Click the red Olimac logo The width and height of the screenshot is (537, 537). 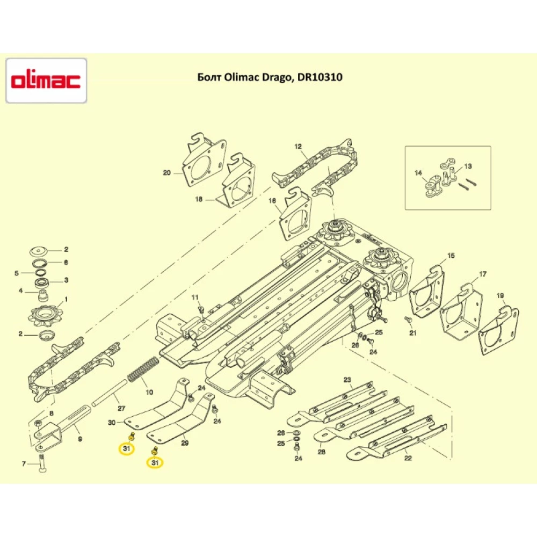click(x=46, y=81)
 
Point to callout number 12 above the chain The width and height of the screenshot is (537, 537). click(x=299, y=146)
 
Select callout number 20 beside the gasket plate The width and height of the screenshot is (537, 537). click(x=166, y=173)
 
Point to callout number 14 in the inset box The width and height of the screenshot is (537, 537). click(x=418, y=173)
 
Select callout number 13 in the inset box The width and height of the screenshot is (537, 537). click(x=468, y=166)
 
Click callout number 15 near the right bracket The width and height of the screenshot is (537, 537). click(x=451, y=255)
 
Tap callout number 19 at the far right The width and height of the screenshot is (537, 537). click(x=500, y=296)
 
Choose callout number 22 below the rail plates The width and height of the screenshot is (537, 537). click(x=408, y=458)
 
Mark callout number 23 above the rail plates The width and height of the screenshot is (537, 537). click(x=347, y=380)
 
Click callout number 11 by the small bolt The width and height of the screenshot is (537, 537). click(x=195, y=297)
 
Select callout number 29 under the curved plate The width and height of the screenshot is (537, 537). click(x=185, y=443)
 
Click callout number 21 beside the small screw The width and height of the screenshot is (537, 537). click(x=413, y=333)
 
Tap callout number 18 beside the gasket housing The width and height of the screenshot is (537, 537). click(x=199, y=199)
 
